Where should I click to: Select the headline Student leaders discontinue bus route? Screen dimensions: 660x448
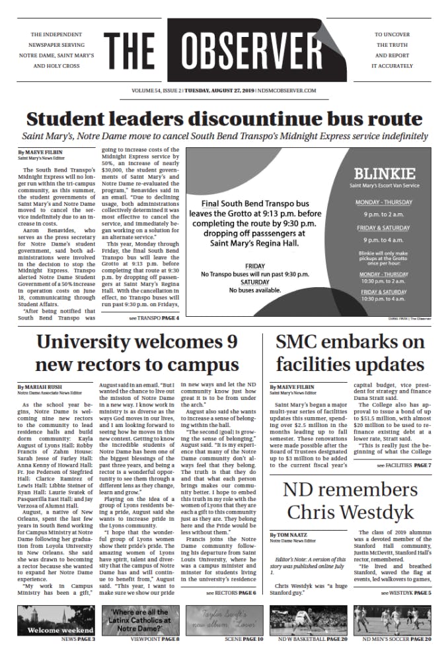tap(224, 119)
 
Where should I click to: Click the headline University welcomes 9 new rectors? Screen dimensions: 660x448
tap(137, 353)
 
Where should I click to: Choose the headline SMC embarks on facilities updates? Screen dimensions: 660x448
tap(350, 353)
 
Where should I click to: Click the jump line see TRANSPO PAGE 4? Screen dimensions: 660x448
tap(154, 318)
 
